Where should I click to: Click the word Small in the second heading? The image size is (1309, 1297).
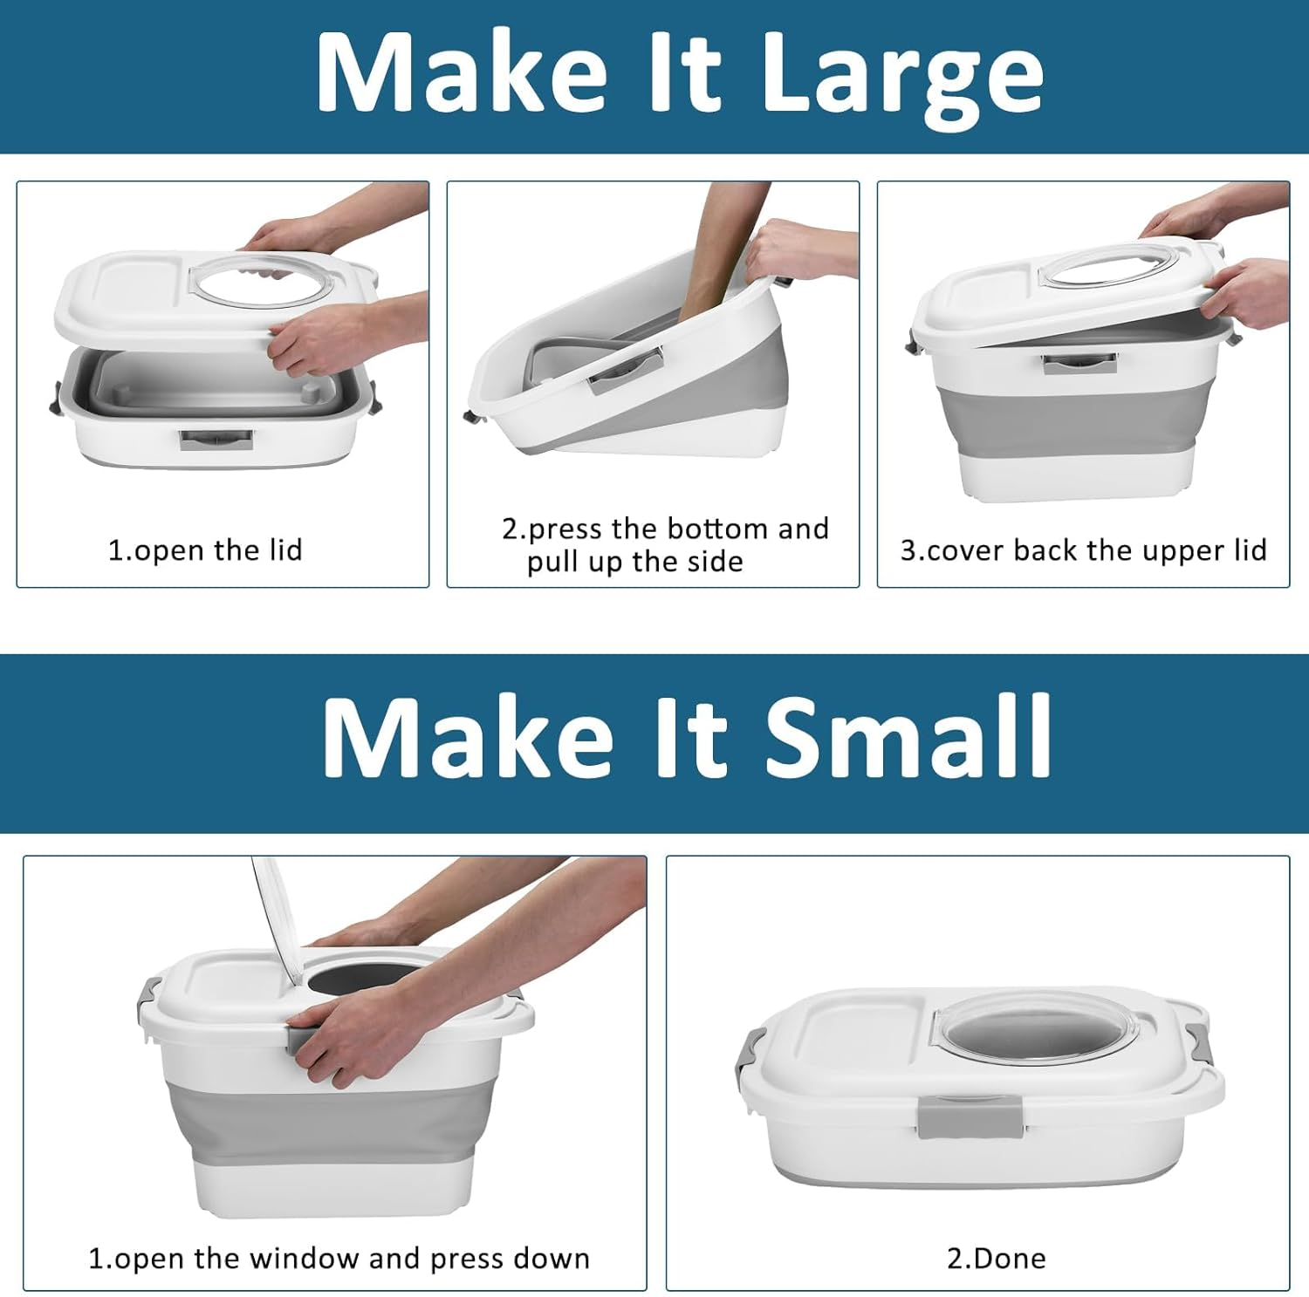point(908,737)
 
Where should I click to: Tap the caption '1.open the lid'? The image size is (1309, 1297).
point(205,550)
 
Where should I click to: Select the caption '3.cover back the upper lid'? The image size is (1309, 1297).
point(1083,550)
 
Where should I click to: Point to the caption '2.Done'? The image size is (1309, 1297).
point(996,1258)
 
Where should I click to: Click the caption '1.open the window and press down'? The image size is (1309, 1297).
point(339,1258)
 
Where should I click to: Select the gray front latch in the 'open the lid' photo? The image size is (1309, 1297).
point(216,439)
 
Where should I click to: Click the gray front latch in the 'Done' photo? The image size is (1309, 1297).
point(969,1118)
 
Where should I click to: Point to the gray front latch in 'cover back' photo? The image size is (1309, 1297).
point(1079,363)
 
